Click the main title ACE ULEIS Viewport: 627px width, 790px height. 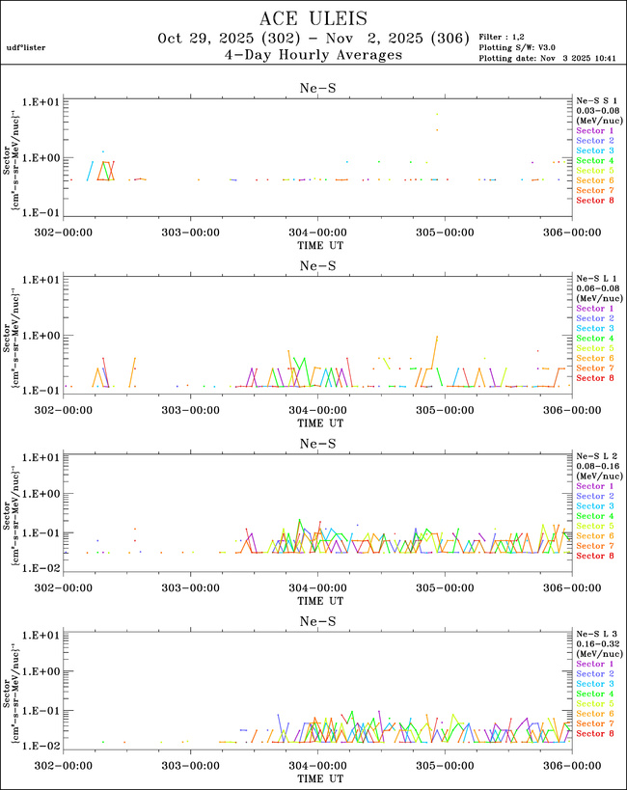(313, 18)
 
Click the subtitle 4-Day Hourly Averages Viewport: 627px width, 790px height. (313, 56)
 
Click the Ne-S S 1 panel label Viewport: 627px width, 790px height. (596, 100)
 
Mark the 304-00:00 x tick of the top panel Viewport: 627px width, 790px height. (317, 232)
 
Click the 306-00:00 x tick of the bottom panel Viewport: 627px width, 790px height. (571, 765)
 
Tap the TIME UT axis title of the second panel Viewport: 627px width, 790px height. (317, 422)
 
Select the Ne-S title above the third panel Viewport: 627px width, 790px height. (317, 444)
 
